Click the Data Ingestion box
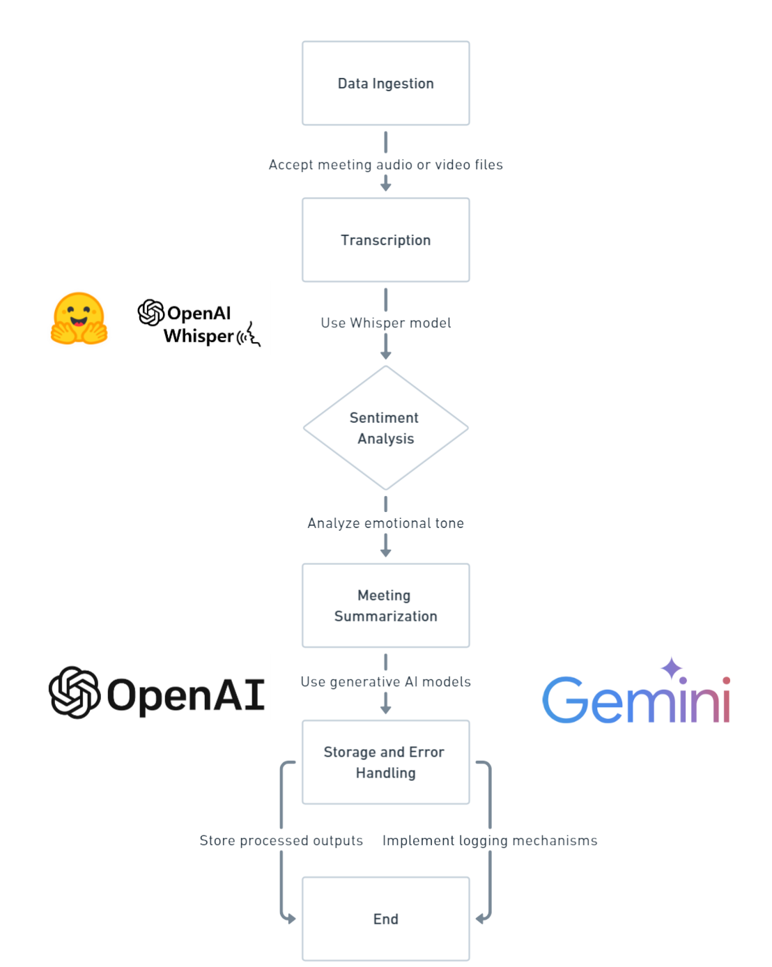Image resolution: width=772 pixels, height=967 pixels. coord(385,84)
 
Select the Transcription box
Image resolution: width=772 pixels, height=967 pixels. coord(385,240)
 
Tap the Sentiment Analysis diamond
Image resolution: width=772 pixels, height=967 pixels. coord(385,428)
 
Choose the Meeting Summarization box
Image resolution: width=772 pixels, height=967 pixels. coord(385,605)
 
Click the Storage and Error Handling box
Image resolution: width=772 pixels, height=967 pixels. coord(385,762)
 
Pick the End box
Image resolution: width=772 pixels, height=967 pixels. coord(385,919)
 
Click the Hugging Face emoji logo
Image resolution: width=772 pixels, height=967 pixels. coord(79,319)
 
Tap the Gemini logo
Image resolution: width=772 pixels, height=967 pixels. coord(635,699)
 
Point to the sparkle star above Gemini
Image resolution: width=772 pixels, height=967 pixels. coord(672,667)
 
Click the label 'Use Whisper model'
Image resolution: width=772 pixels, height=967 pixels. coord(385,323)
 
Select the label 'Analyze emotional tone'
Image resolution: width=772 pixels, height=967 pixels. coord(385,523)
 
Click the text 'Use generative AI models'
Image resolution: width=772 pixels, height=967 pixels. coord(385,682)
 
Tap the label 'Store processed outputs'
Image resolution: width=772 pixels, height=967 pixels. coord(281,841)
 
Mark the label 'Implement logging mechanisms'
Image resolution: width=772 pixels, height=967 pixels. coord(490,841)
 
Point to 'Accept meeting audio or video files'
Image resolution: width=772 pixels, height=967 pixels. coord(385,165)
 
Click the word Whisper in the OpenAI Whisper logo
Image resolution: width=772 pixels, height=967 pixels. coord(199,336)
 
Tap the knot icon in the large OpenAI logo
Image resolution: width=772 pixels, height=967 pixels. coord(74,693)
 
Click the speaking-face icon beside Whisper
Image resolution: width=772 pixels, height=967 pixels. coord(249,335)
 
